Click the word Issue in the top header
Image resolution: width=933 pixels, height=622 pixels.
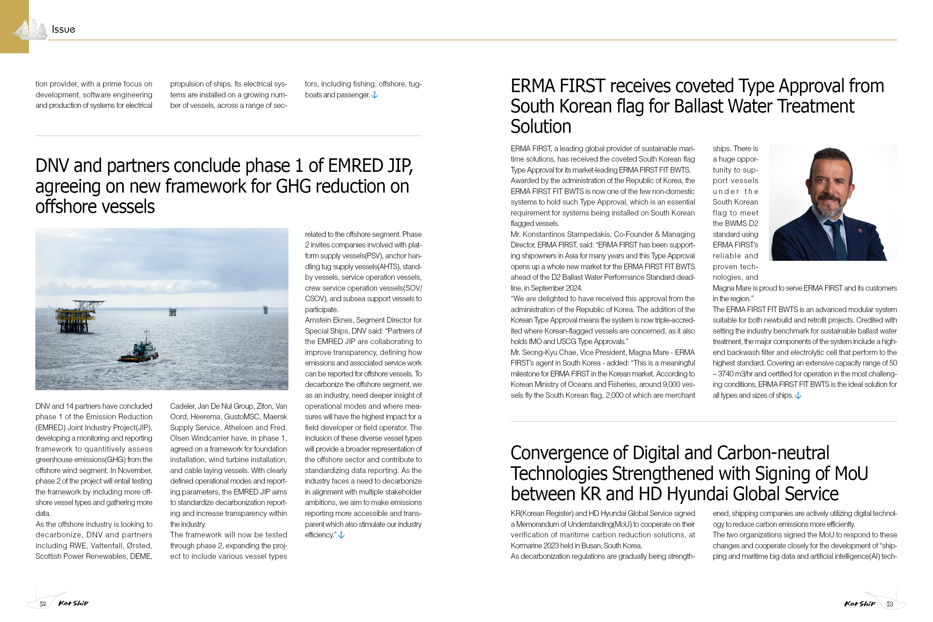point(64,29)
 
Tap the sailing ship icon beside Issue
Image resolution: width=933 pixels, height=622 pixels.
point(30,29)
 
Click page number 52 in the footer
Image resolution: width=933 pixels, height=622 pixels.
point(43,604)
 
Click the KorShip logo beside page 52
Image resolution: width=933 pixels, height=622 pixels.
point(73,603)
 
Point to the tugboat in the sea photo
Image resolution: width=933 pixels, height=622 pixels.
point(140,352)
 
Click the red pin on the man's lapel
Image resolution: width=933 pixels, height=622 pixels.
point(860,231)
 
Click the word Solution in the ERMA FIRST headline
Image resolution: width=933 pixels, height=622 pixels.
point(541,126)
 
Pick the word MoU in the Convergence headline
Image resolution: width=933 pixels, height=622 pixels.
point(851,473)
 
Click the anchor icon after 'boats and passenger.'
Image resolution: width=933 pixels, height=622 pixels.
point(375,95)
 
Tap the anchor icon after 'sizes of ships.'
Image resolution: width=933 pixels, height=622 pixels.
point(798,396)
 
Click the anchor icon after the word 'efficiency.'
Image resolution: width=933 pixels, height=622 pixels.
point(341,535)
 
